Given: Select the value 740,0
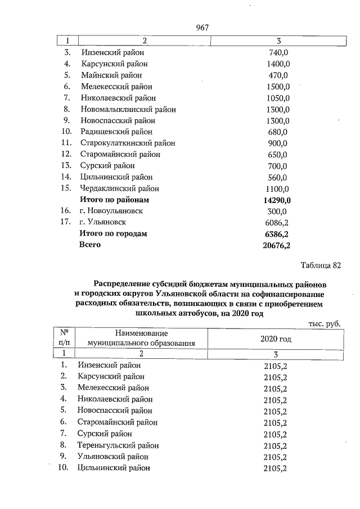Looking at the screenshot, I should pos(278,52).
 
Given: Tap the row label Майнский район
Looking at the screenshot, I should pos(111,75).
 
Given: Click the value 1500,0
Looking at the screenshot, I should pos(278,87).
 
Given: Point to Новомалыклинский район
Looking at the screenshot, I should pos(128,109).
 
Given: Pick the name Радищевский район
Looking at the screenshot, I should pos(116,132).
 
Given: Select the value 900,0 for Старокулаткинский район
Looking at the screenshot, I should pos(277,143).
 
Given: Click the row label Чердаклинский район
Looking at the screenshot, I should pos(120,188).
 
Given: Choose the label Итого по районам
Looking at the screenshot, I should pos(116,200).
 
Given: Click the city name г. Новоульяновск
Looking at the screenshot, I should pos(111,211).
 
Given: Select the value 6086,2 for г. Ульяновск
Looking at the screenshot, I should pos(277,222).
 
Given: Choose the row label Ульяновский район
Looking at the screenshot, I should pos(114,456).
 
